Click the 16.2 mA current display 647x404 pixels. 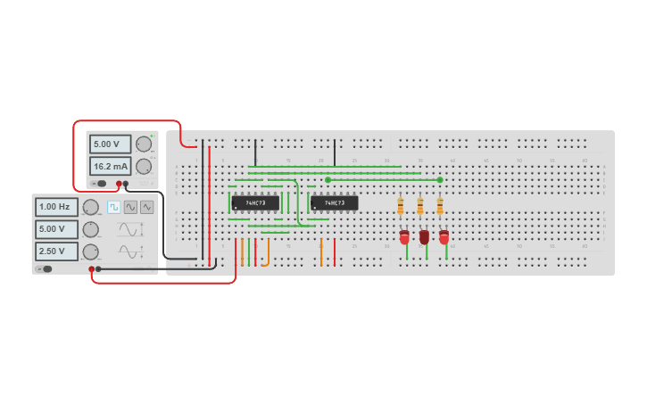pyautogui.click(x=110, y=166)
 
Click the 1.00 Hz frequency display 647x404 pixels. pyautogui.click(x=56, y=207)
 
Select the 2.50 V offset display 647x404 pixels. pyautogui.click(x=56, y=251)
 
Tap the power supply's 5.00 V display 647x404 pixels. pyautogui.click(x=110, y=144)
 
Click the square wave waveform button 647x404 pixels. pyautogui.click(x=114, y=207)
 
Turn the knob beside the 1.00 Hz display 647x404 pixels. pyautogui.click(x=91, y=207)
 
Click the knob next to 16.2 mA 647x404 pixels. pyautogui.click(x=144, y=166)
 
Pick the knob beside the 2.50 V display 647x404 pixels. pyautogui.click(x=91, y=251)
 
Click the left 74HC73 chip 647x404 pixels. pyautogui.click(x=255, y=203)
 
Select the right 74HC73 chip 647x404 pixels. pyautogui.click(x=335, y=203)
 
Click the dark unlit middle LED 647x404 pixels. pyautogui.click(x=424, y=237)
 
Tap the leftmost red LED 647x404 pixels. pyautogui.click(x=404, y=237)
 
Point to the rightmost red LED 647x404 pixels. pyautogui.click(x=444, y=237)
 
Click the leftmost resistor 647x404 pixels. pyautogui.click(x=401, y=206)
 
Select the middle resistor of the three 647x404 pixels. pyautogui.click(x=420, y=206)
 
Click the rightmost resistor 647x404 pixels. pyautogui.click(x=440, y=206)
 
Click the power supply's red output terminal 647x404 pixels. pyautogui.click(x=119, y=184)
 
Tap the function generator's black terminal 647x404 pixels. pyautogui.click(x=98, y=268)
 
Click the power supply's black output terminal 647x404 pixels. pyautogui.click(x=126, y=184)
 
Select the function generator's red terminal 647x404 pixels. pyautogui.click(x=91, y=268)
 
